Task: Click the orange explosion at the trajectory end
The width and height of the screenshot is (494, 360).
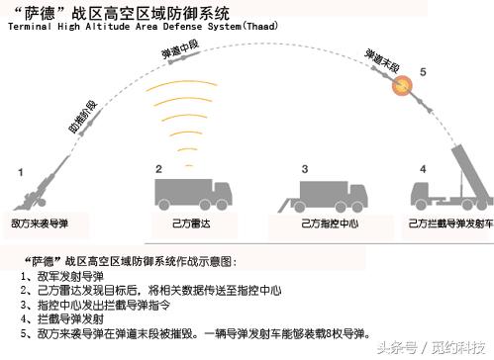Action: pyautogui.click(x=405, y=88)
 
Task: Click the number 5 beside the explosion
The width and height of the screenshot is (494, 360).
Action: pyautogui.click(x=423, y=72)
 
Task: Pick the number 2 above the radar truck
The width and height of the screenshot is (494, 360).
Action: pyautogui.click(x=158, y=169)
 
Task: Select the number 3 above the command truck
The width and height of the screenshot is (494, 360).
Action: pyautogui.click(x=305, y=169)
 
